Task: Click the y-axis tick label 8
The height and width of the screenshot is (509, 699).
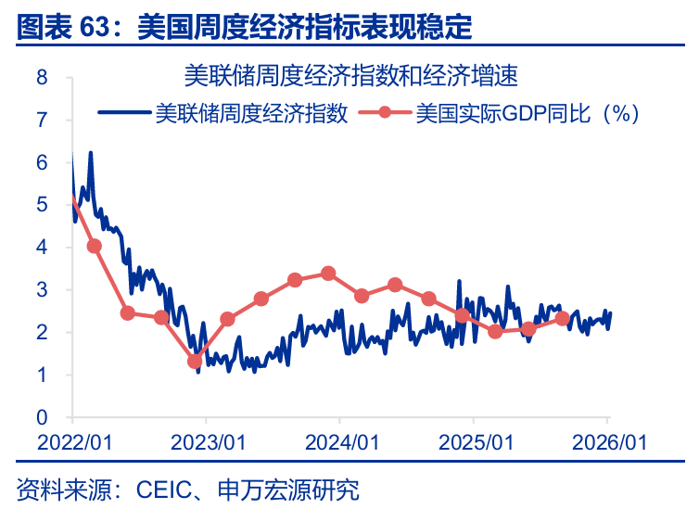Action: coord(43,77)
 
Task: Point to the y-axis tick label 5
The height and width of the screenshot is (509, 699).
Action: coord(43,205)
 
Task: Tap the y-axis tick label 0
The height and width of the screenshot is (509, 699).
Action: coord(43,417)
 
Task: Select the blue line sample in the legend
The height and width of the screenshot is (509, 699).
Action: coord(123,114)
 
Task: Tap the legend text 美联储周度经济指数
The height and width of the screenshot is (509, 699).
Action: coord(251,114)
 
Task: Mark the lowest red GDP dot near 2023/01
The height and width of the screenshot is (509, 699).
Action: coord(195,362)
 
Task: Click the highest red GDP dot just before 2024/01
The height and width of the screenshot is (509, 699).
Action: coord(328,274)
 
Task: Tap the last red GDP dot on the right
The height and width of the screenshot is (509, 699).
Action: coord(562,318)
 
